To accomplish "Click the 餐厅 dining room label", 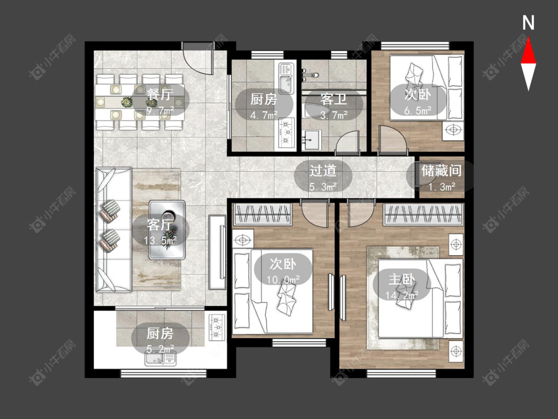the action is point(160,94).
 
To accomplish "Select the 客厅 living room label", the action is point(160,224).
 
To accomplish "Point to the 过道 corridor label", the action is point(323,170).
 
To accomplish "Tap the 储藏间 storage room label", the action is point(441,170).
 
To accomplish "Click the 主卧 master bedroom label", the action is point(402,279).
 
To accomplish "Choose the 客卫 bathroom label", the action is point(333,99).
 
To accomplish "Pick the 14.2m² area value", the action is point(402,295).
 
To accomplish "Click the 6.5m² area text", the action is point(418,110).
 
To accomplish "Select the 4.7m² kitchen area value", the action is point(264,115).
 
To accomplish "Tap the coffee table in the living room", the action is point(167,230).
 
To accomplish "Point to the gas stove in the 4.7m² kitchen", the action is point(287,133).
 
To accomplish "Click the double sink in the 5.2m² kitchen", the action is point(161,358).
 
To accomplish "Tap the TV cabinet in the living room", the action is point(217,252).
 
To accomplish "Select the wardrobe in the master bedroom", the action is point(423,214).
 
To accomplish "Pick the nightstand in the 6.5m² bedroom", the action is point(453,131).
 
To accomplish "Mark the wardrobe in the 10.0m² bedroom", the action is point(262,214).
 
